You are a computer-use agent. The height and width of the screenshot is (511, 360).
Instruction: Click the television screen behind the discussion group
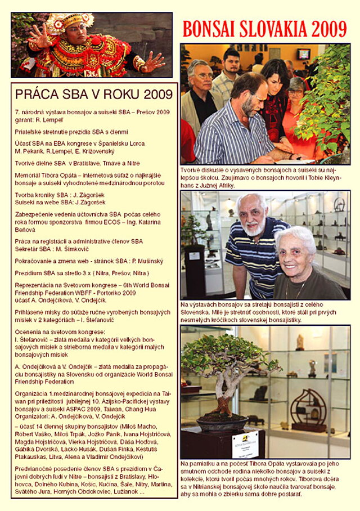[x=304, y=54]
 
